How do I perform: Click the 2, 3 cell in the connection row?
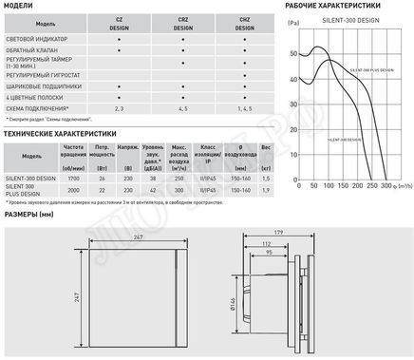click(119, 110)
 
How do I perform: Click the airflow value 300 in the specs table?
click(178, 191)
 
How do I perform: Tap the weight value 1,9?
click(266, 191)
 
